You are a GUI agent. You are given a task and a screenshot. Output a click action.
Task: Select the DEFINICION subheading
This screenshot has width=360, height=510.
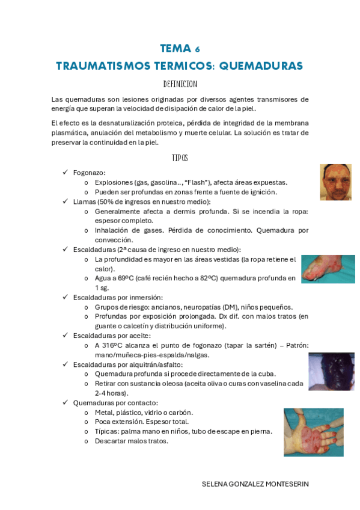click(180, 84)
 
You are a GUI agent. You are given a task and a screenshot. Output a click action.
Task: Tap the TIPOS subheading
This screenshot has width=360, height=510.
click(180, 158)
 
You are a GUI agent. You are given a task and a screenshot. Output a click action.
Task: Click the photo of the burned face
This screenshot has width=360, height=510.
click(335, 182)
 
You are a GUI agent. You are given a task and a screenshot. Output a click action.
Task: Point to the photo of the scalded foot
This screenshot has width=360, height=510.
click(328, 269)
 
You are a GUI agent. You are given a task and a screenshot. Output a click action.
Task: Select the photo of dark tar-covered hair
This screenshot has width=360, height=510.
click(331, 372)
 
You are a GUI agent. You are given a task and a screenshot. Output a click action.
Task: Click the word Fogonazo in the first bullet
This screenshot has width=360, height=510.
click(89, 173)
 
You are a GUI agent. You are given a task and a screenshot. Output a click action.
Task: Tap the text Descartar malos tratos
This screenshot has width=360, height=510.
click(132, 441)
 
